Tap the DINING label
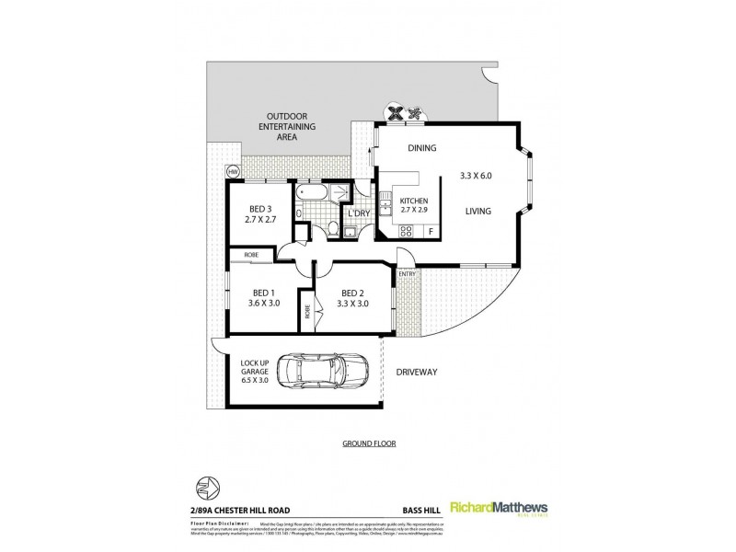[422, 149]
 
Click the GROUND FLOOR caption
[368, 443]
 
